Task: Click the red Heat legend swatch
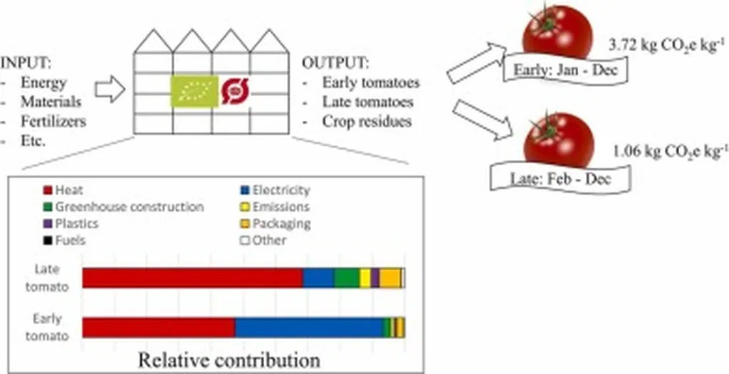(48, 190)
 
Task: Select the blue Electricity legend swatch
(243, 190)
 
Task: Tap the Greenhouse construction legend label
(129, 207)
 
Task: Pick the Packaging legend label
(281, 224)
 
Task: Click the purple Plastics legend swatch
(48, 224)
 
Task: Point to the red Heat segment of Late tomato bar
(192, 278)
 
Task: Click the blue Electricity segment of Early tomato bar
(308, 328)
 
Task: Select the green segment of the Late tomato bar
(346, 278)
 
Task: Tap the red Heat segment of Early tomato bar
(159, 328)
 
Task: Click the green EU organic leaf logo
(192, 93)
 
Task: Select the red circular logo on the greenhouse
(236, 91)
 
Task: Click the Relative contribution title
(229, 360)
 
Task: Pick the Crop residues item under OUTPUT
(367, 121)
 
